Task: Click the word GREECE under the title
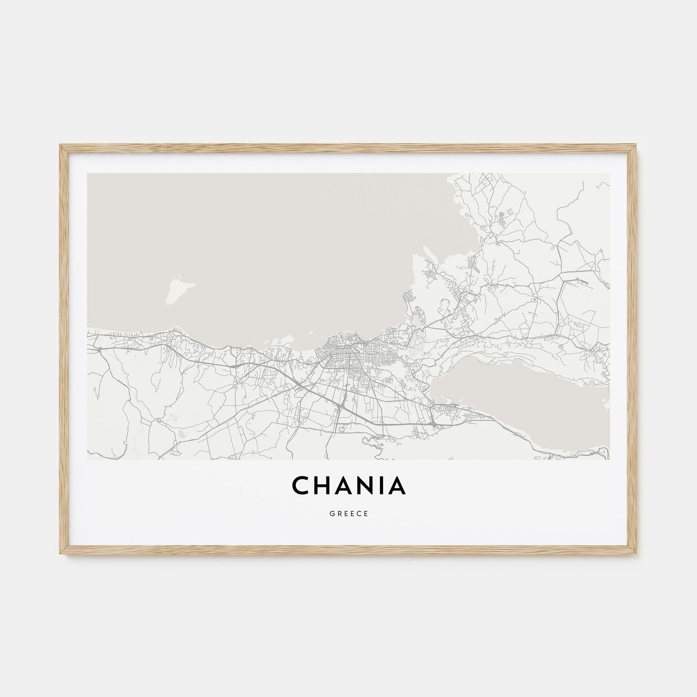[348, 514]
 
